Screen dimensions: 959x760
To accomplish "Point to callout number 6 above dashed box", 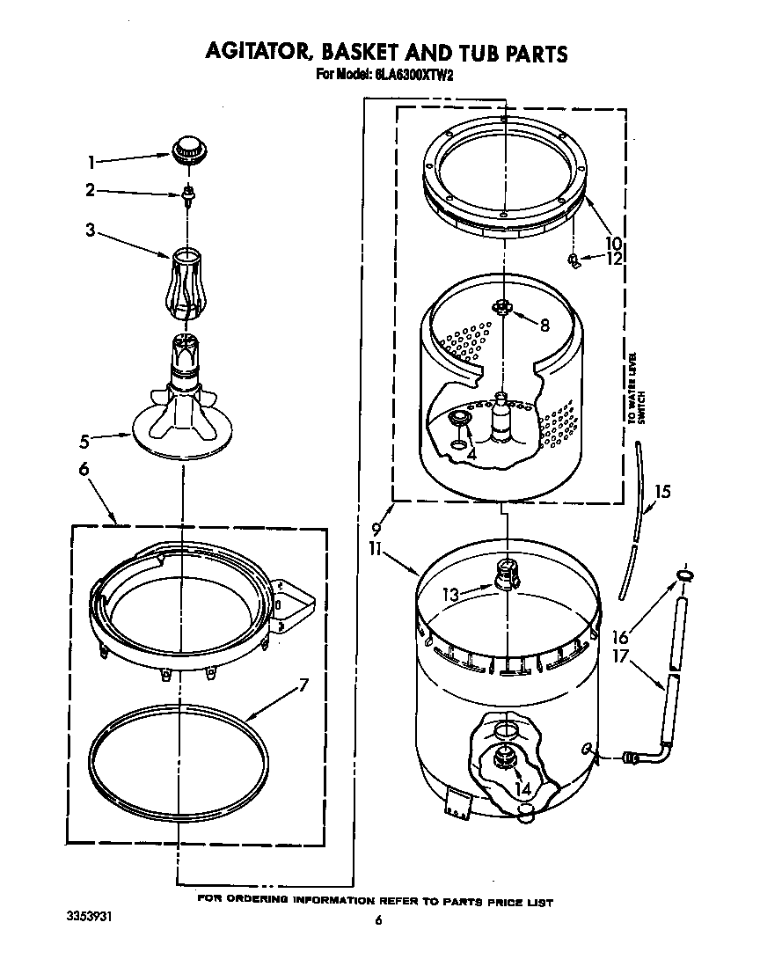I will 84,471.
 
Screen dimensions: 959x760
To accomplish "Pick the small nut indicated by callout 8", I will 502,306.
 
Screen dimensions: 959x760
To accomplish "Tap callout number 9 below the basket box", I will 376,530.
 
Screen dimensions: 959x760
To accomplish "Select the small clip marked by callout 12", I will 574,260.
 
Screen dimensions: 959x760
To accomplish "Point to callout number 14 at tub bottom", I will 523,789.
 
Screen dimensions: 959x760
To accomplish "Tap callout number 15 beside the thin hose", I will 662,492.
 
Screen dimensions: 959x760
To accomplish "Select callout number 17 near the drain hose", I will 620,655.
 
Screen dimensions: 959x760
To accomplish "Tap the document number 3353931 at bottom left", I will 90,916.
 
